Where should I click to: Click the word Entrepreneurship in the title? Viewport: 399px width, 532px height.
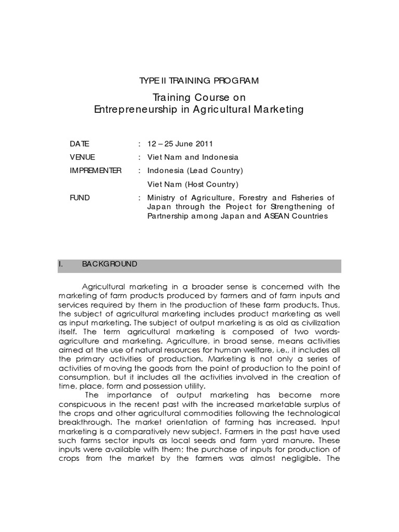[127, 109]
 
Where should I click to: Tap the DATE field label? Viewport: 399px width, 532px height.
[79, 143]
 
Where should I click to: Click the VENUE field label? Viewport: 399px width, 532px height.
[83, 157]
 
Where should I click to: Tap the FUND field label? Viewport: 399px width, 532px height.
[79, 197]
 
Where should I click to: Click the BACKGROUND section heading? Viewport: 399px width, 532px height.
[110, 264]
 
